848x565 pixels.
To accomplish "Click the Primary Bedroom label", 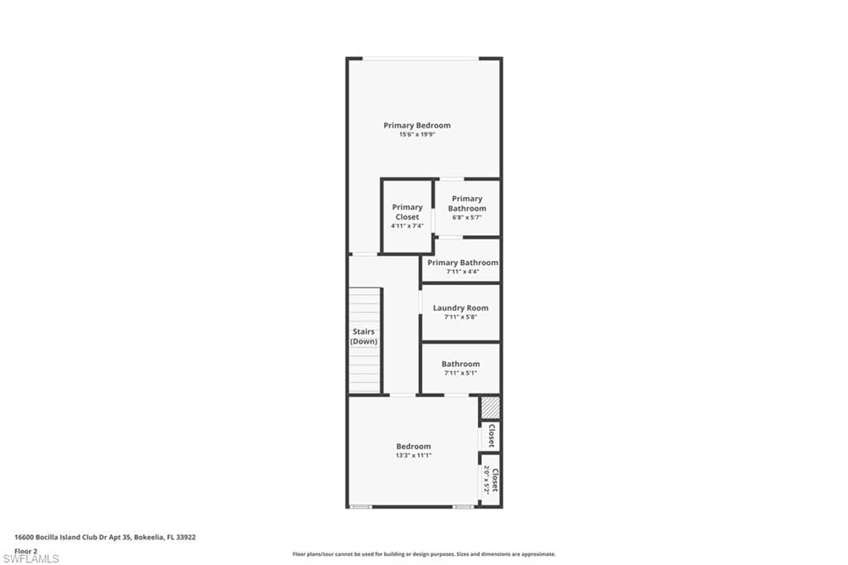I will [x=417, y=125].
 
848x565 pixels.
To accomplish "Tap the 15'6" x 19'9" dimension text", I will [x=417, y=134].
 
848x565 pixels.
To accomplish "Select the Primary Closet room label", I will [x=407, y=212].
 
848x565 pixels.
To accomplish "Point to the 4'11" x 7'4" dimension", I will [x=407, y=225].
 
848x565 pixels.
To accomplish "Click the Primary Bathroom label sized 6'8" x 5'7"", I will [x=467, y=203].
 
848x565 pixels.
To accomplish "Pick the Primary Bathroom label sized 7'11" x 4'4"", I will [x=462, y=263].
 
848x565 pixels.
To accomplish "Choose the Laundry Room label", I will [x=460, y=307].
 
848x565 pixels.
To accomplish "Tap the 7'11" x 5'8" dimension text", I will [x=460, y=316].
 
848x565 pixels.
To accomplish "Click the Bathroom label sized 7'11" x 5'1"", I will [x=460, y=364].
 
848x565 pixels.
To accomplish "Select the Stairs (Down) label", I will [x=364, y=336].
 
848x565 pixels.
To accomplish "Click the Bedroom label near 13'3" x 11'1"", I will [x=413, y=446].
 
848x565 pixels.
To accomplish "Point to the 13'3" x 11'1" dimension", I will [x=413, y=455].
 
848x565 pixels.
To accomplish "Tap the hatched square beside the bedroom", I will [x=490, y=407].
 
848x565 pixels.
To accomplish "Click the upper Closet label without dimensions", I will [x=491, y=436].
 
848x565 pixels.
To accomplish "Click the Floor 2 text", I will [x=26, y=550].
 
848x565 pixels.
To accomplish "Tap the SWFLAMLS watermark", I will [x=31, y=559].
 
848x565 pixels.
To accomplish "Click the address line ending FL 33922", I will [x=104, y=537].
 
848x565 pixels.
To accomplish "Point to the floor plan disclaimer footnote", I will [x=423, y=554].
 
